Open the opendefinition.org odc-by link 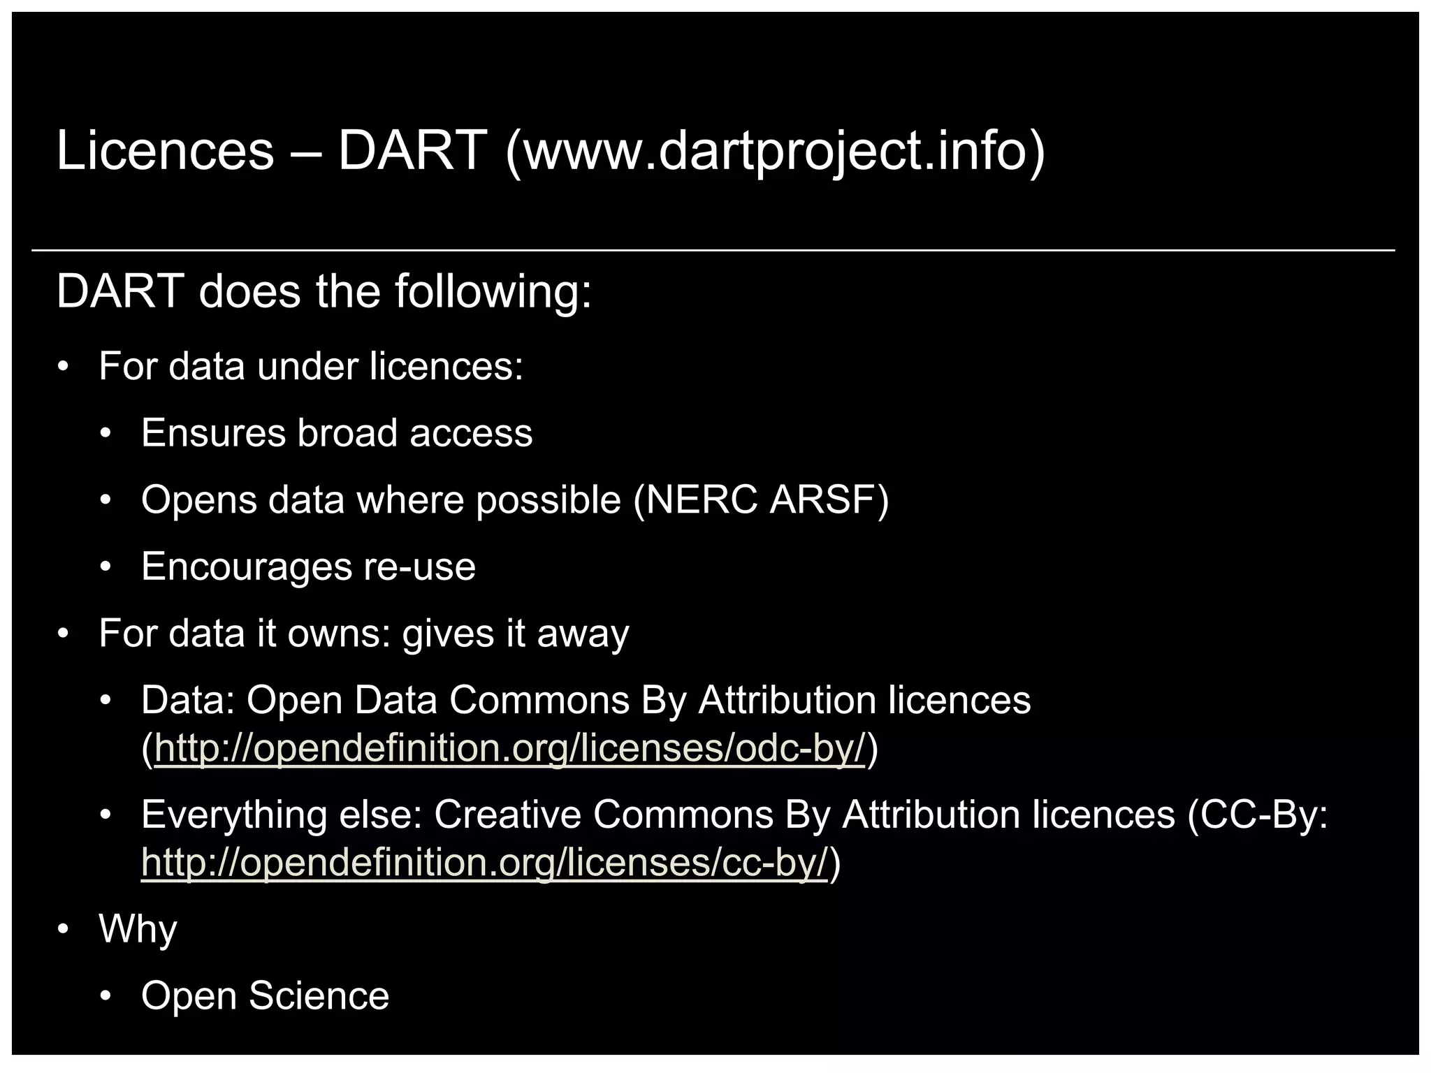tap(509, 748)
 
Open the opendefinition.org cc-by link tap(484, 863)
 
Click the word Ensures tap(213, 433)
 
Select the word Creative tap(507, 815)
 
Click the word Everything tap(234, 816)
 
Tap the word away tap(583, 634)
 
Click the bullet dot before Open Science tap(106, 996)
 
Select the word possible tap(549, 501)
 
